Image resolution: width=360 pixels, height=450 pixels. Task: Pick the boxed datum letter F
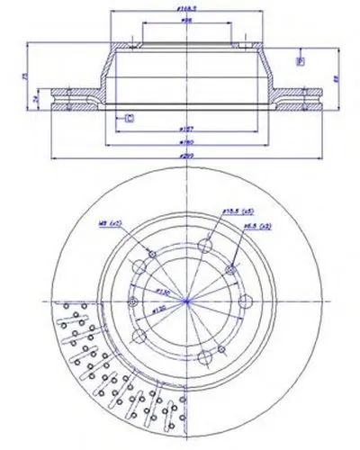(301, 61)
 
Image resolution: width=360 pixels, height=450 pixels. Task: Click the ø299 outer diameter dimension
(186, 156)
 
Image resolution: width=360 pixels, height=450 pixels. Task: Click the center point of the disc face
(186, 301)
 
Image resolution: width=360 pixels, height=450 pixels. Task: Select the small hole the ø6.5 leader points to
(232, 269)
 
